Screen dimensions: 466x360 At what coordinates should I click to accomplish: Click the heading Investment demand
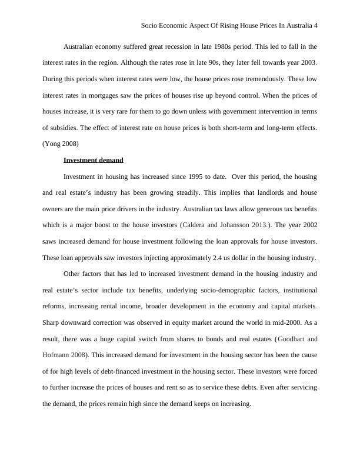tap(93, 160)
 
